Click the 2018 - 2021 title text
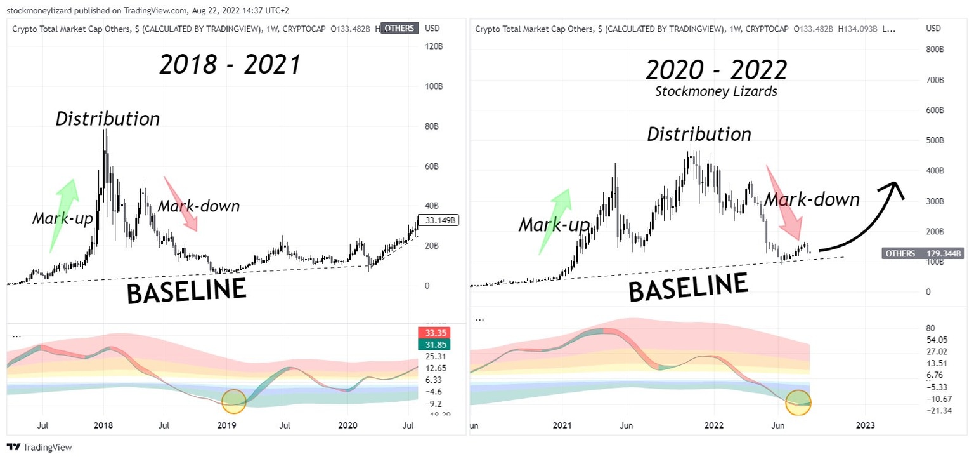tap(230, 65)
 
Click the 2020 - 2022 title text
tap(717, 69)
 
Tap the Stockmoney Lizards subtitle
tap(715, 91)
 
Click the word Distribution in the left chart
tap(107, 119)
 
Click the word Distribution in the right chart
tap(699, 135)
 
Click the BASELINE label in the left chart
tap(186, 291)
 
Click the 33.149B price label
tap(438, 221)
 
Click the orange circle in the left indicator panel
tap(233, 401)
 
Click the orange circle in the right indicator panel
tap(798, 402)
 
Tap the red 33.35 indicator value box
tap(434, 333)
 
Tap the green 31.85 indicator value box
tap(434, 345)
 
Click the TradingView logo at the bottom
tap(40, 447)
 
